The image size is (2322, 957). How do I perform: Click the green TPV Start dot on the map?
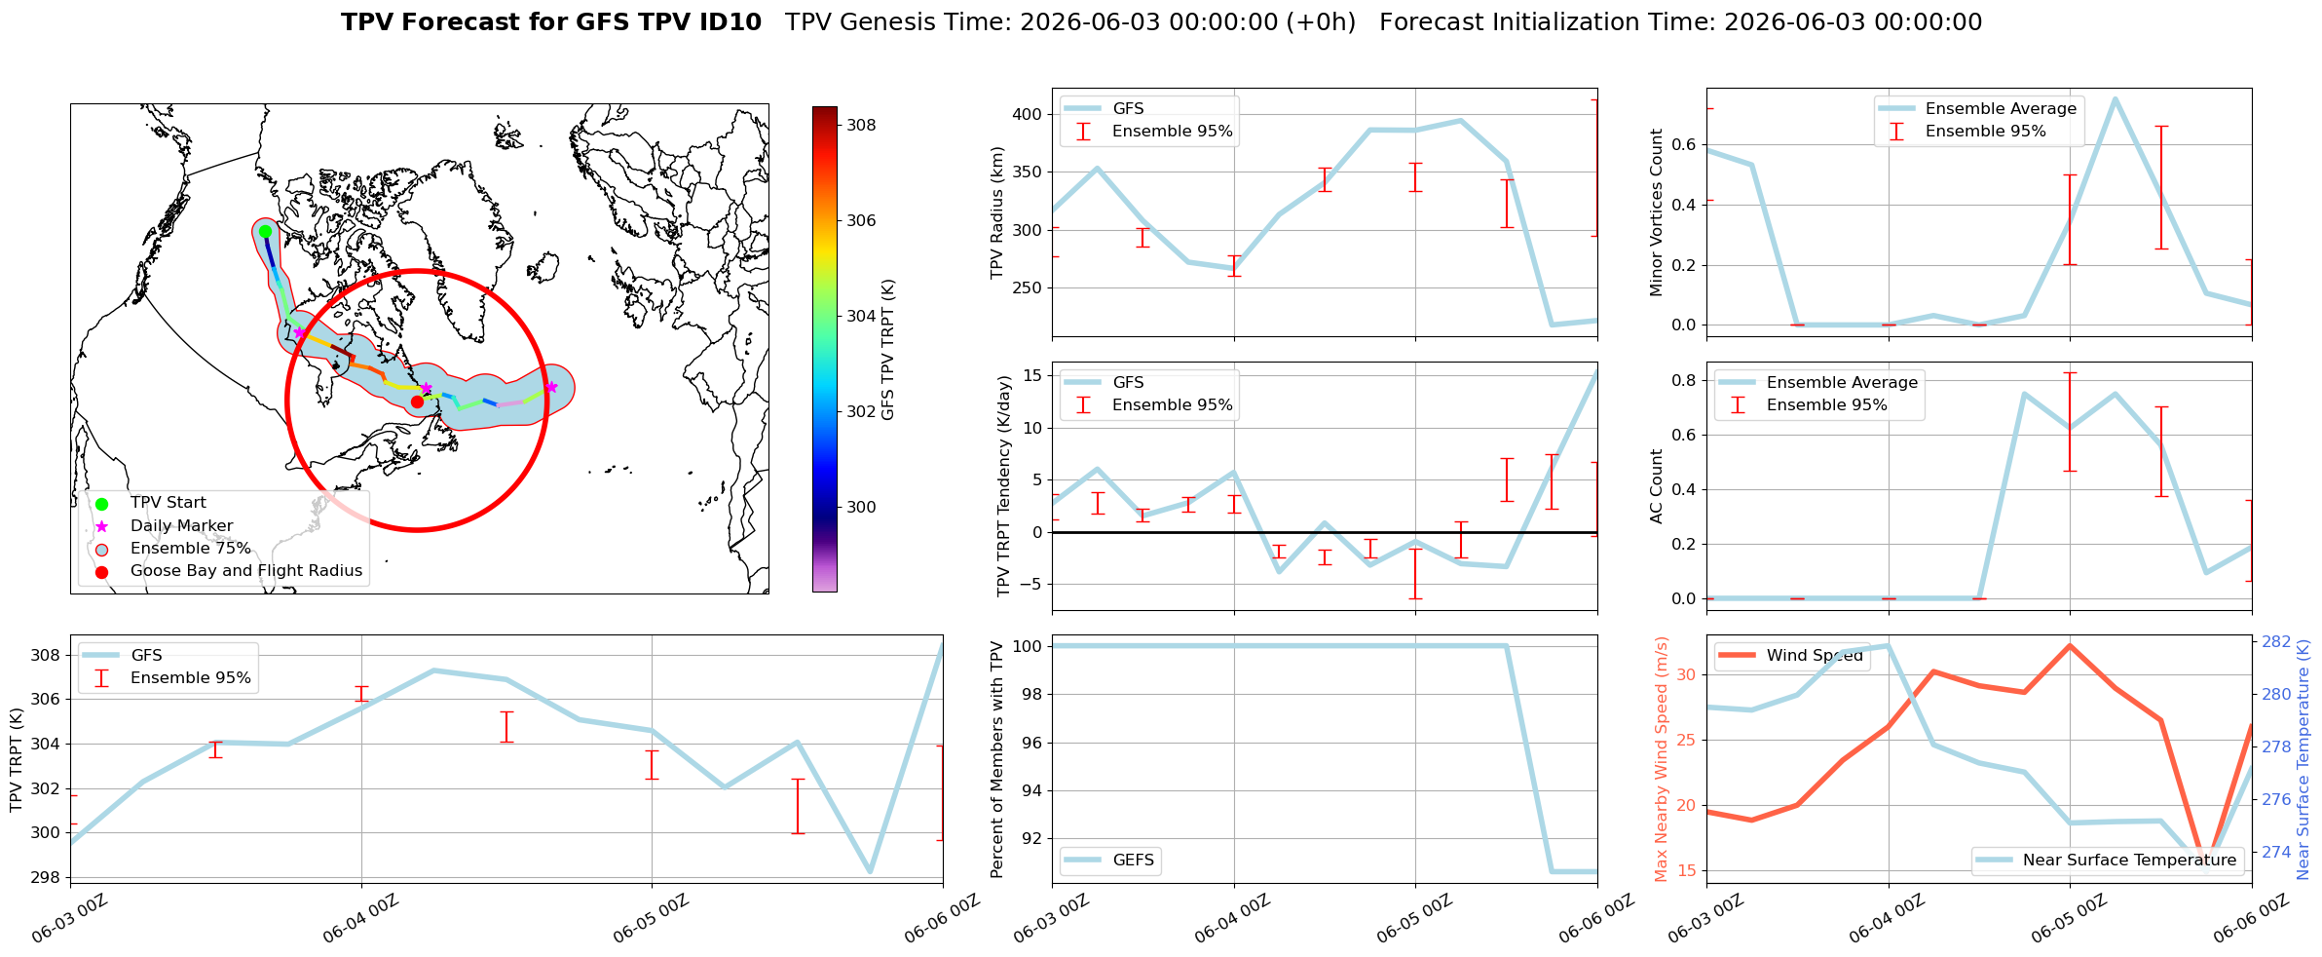[x=265, y=231]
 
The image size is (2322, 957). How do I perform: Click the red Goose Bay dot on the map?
[x=417, y=402]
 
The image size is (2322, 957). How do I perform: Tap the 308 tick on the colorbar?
[x=861, y=125]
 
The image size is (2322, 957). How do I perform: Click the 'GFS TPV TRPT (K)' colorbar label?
[x=887, y=350]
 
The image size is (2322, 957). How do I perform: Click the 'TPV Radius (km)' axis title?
[x=996, y=212]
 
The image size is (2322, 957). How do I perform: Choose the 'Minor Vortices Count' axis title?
[x=1657, y=212]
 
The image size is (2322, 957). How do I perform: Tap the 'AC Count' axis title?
[x=1657, y=486]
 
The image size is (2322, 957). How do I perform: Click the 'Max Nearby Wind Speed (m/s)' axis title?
[x=1662, y=759]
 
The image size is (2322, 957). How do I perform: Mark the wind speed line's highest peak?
[x=2070, y=645]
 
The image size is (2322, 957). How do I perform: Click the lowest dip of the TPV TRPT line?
[x=870, y=872]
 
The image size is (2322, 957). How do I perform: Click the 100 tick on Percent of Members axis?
[x=1028, y=646]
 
